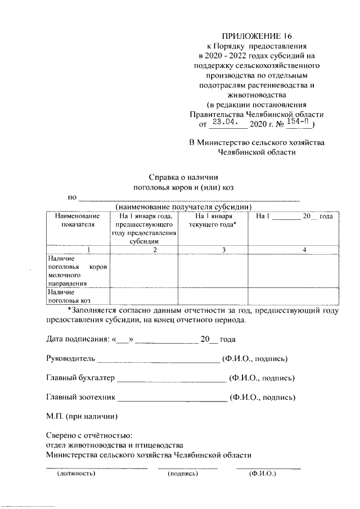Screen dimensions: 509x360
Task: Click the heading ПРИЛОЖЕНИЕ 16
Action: click(x=256, y=35)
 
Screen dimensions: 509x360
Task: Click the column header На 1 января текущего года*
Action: click(x=213, y=220)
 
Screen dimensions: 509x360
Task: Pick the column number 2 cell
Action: click(x=144, y=249)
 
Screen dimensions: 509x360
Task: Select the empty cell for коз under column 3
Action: click(x=213, y=296)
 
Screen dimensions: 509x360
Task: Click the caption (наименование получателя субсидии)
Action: click(x=183, y=206)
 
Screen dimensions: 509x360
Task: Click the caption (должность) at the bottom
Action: click(x=76, y=474)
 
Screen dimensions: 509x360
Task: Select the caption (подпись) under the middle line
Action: click(x=183, y=474)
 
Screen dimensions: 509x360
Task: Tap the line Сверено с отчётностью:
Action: click(x=89, y=436)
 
